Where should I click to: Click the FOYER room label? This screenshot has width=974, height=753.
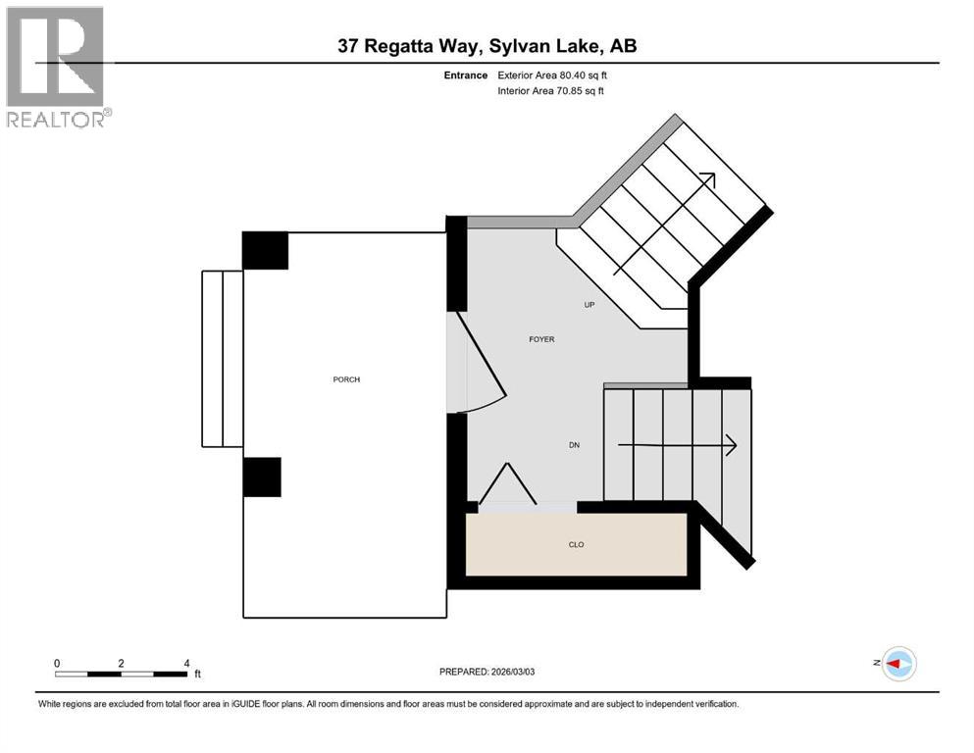click(x=541, y=339)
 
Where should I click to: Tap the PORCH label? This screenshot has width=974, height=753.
click(x=346, y=379)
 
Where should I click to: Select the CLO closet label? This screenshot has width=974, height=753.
click(x=577, y=544)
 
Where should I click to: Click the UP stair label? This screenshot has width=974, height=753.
click(x=590, y=305)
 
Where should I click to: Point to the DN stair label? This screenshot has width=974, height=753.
click(x=575, y=445)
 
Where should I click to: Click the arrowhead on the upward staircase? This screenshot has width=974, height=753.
click(x=708, y=180)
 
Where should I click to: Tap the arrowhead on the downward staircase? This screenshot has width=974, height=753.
click(x=730, y=445)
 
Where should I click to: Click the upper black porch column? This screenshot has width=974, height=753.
click(x=265, y=250)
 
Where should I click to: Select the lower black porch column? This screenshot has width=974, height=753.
click(x=262, y=477)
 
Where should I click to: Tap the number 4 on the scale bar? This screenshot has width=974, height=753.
click(x=185, y=663)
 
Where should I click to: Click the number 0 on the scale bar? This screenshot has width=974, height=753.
click(x=57, y=663)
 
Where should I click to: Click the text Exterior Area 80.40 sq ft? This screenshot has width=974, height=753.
click(x=558, y=75)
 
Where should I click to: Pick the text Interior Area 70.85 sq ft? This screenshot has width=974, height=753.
click(x=551, y=91)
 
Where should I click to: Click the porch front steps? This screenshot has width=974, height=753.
click(x=222, y=358)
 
